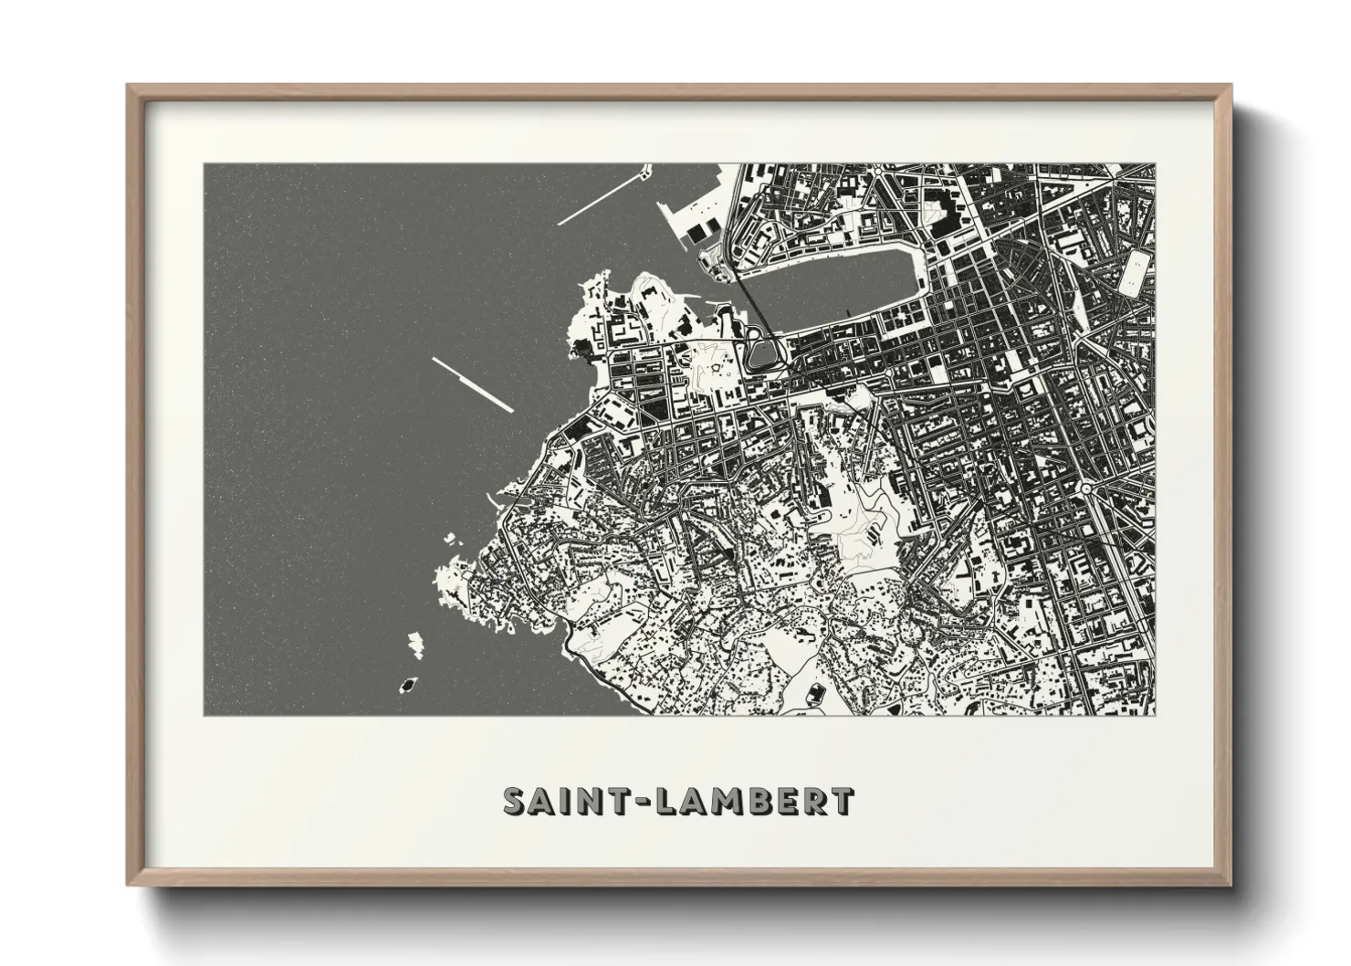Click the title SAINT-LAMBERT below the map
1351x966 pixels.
pos(679,801)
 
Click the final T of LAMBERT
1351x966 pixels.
pos(843,801)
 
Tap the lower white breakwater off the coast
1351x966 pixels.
pos(473,383)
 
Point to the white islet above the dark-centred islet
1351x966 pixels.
pos(415,645)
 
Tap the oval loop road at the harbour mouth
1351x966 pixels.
pos(763,351)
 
